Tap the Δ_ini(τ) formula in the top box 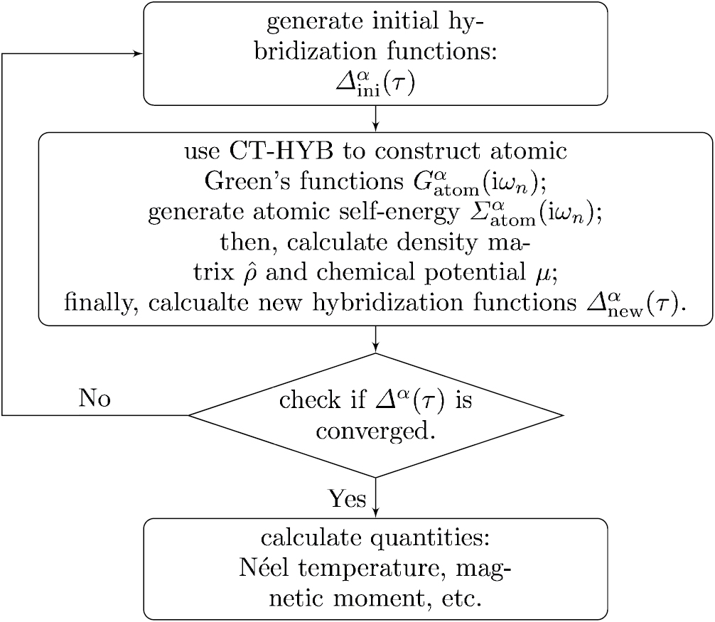point(375,83)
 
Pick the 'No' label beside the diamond point(95,398)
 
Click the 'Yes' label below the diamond point(347,499)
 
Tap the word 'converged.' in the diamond point(375,431)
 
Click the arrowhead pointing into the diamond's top point(375,348)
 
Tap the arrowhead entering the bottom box point(375,514)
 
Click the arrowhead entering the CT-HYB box point(375,128)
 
